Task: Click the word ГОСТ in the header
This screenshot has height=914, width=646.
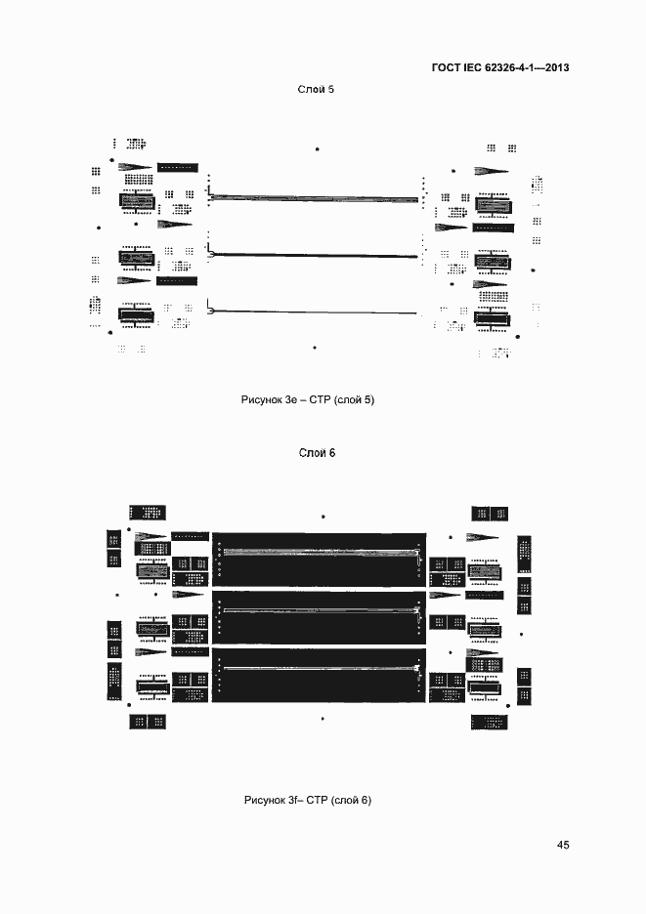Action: coord(446,67)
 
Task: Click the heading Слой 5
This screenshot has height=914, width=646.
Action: coord(316,89)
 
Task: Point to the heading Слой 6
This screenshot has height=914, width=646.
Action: coord(317,453)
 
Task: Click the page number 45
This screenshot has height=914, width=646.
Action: coord(563,845)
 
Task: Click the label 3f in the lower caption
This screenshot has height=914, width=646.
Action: coord(293,800)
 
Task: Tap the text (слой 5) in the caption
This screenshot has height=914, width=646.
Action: coord(354,400)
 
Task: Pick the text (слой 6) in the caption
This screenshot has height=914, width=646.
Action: coord(351,800)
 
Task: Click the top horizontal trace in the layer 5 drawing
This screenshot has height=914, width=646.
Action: coord(314,198)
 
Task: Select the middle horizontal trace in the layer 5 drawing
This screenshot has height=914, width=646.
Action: coord(314,255)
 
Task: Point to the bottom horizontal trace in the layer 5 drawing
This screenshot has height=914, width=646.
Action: coord(313,312)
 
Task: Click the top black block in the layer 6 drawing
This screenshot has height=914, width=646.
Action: coord(319,560)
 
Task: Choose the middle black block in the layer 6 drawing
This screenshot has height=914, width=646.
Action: coord(319,617)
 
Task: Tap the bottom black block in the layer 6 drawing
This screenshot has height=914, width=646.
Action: coord(319,675)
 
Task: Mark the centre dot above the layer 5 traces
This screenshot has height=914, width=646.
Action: coord(317,149)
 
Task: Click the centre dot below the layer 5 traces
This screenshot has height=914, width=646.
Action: coord(315,348)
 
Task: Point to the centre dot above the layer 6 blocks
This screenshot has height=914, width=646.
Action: coord(323,517)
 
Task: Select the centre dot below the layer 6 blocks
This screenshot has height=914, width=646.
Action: coord(323,719)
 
